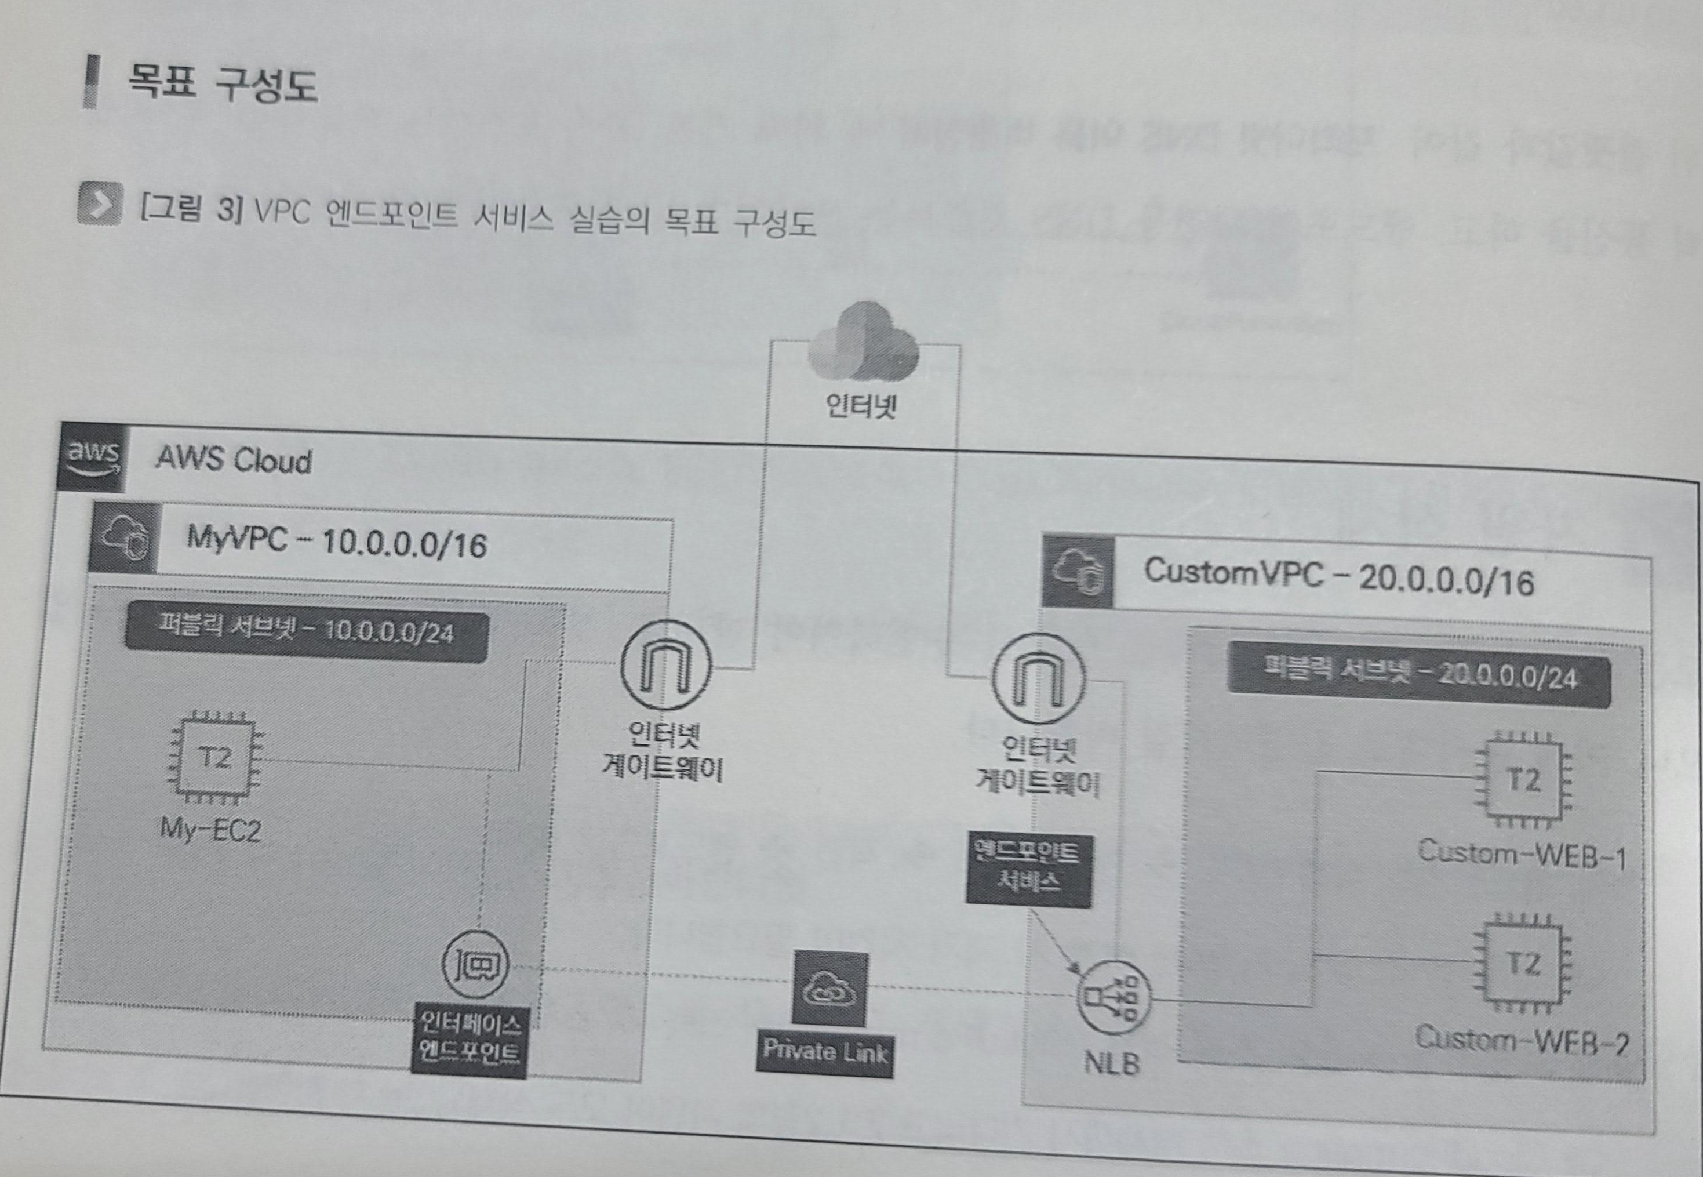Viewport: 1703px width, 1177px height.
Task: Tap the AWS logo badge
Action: click(x=93, y=458)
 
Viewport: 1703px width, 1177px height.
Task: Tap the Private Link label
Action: click(x=825, y=1050)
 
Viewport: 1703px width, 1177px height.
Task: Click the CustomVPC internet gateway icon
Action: click(x=1038, y=678)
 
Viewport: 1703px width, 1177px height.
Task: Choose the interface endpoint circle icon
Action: click(x=475, y=963)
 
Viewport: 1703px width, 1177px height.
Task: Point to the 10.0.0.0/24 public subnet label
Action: click(x=306, y=634)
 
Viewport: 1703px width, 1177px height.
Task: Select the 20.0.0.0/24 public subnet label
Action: click(x=1418, y=675)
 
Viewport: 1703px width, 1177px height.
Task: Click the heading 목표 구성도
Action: click(x=222, y=82)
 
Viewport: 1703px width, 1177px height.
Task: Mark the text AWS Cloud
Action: click(x=234, y=460)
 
